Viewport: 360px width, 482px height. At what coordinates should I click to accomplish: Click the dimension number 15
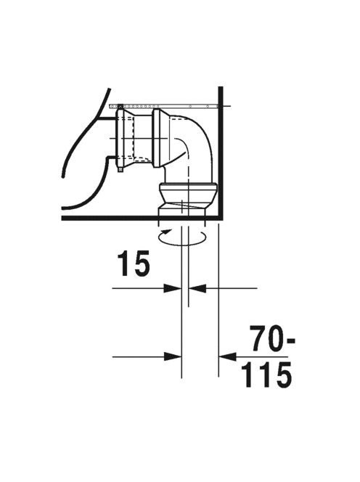tap(134, 263)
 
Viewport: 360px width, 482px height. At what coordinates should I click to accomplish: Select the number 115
tap(266, 375)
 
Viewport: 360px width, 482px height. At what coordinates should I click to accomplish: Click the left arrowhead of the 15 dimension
tap(173, 288)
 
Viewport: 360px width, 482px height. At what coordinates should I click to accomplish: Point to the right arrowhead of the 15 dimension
tap(197, 288)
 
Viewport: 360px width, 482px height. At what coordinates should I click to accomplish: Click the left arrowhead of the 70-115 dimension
tap(173, 357)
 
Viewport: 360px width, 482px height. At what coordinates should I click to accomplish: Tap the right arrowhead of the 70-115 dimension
tap(227, 357)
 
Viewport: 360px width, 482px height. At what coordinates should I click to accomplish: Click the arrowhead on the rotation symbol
tap(167, 231)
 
